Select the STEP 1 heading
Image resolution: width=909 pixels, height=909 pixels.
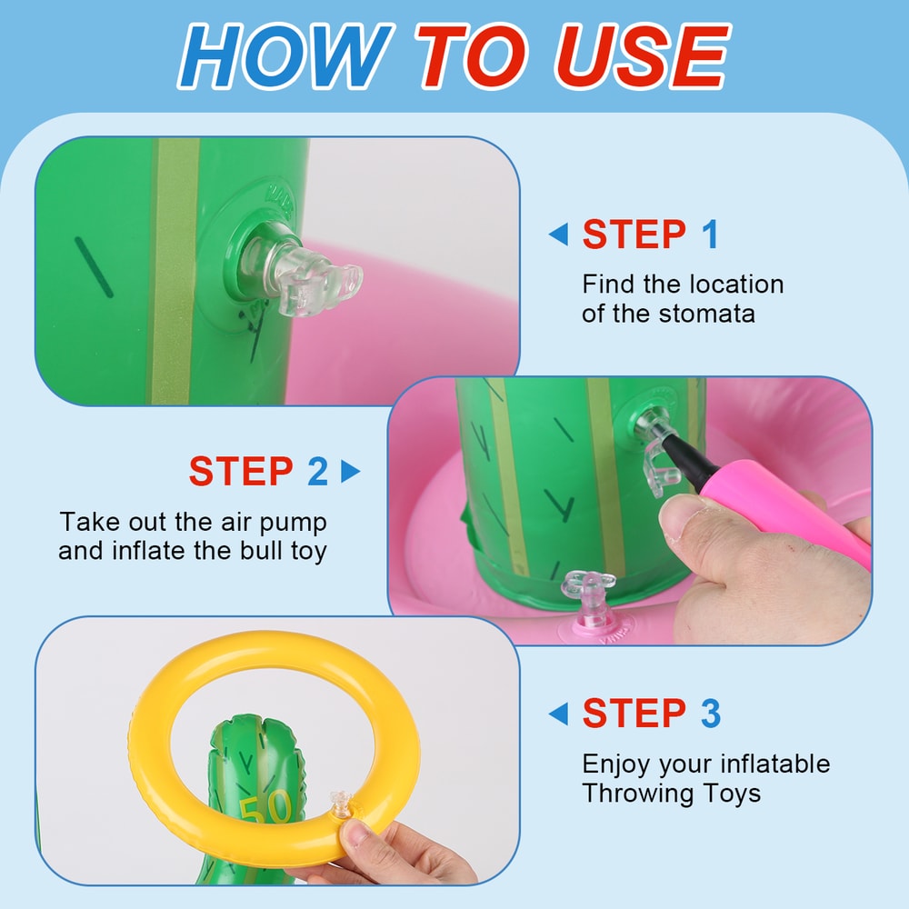coord(650,235)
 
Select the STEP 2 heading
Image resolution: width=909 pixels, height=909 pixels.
coord(258,473)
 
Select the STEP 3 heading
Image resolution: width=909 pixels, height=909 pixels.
coord(651,714)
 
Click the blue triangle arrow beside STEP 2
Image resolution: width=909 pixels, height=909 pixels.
coord(350,473)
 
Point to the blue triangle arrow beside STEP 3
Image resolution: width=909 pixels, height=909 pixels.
coord(558,714)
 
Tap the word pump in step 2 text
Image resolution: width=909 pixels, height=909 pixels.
coord(294,523)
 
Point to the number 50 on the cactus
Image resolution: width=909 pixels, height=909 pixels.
coord(265,805)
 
